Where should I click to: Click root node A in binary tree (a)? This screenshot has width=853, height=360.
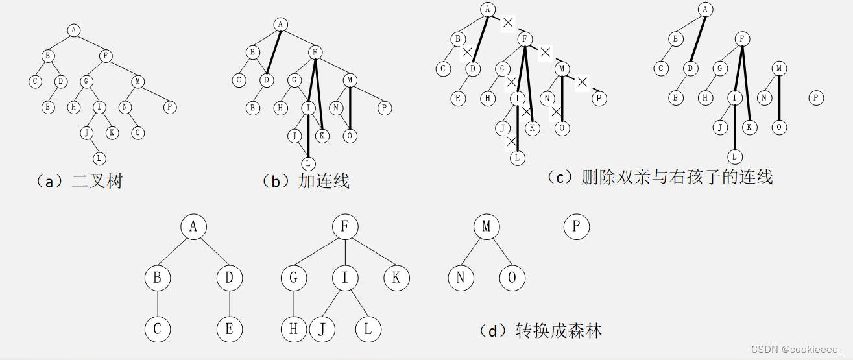click(73, 30)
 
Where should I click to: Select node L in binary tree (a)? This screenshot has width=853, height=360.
click(99, 158)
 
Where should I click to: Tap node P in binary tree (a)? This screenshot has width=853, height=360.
click(169, 107)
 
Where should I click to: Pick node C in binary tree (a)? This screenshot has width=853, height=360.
click(35, 82)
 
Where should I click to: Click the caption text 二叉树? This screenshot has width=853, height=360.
click(97, 181)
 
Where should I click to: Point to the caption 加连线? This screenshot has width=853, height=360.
click(324, 181)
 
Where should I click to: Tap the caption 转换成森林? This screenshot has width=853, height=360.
click(559, 331)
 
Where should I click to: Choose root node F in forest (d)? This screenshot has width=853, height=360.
click(345, 226)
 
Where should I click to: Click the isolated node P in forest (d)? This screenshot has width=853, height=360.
click(576, 226)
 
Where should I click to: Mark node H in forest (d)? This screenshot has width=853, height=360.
click(293, 330)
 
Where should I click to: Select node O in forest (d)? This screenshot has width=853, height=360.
click(512, 278)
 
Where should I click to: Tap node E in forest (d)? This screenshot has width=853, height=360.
click(229, 330)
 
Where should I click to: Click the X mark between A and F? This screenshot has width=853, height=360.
click(508, 23)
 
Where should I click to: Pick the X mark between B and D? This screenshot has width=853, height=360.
click(466, 53)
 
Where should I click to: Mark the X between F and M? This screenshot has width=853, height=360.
click(545, 51)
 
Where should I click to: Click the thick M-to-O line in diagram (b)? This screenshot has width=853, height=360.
click(350, 107)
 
